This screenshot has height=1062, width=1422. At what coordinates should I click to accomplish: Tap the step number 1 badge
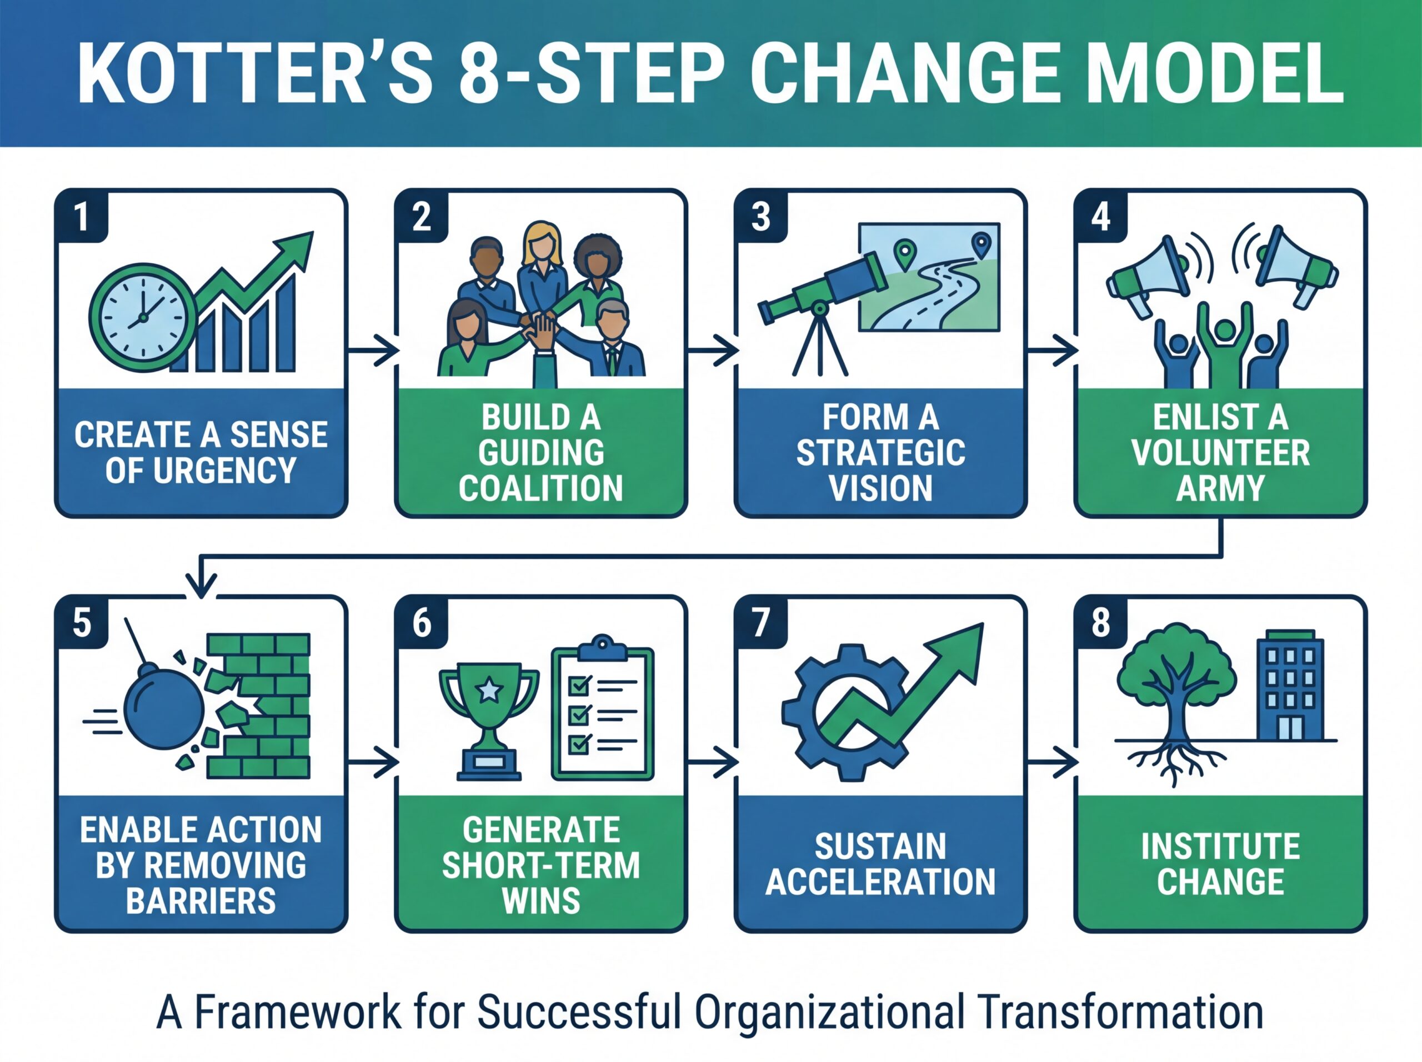point(82,216)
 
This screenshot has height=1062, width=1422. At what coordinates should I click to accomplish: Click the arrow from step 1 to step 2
point(373,351)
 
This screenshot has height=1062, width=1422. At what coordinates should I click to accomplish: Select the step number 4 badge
point(1100,216)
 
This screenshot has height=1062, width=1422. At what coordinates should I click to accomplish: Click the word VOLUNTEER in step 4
point(1220,453)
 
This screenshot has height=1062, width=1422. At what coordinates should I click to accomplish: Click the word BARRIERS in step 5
point(201,900)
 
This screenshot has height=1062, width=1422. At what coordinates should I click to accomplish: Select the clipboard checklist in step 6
point(602,707)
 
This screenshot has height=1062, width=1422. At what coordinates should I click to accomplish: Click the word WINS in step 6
point(540,900)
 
